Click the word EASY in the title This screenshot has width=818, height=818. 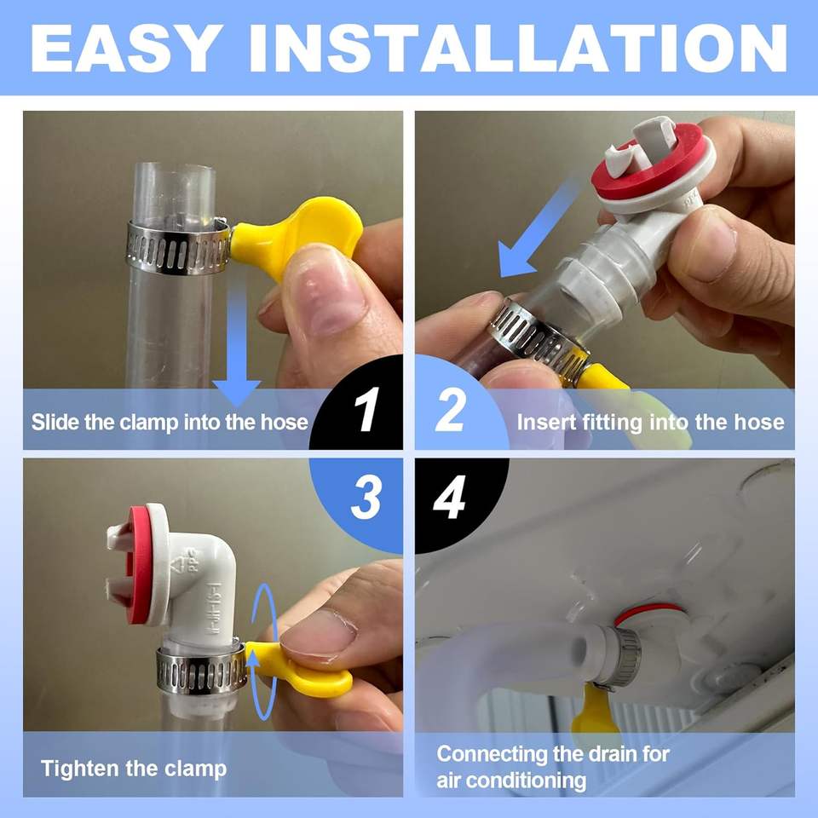[124, 48]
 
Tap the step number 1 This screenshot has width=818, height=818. [366, 410]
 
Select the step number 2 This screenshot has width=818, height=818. [450, 410]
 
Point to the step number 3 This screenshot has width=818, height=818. [366, 498]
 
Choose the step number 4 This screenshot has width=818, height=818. [449, 498]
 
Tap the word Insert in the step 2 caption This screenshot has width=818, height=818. [547, 422]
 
